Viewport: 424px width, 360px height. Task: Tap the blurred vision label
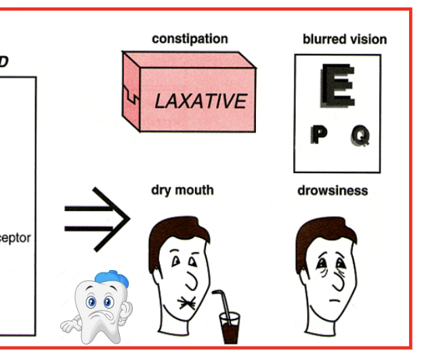tap(344, 39)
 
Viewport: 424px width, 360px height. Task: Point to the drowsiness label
tap(333, 191)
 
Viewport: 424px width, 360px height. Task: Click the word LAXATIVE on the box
tap(200, 102)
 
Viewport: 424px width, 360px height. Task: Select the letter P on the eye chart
tap(317, 135)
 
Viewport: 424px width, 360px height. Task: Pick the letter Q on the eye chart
tap(360, 136)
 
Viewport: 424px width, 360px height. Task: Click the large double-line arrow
tap(97, 219)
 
